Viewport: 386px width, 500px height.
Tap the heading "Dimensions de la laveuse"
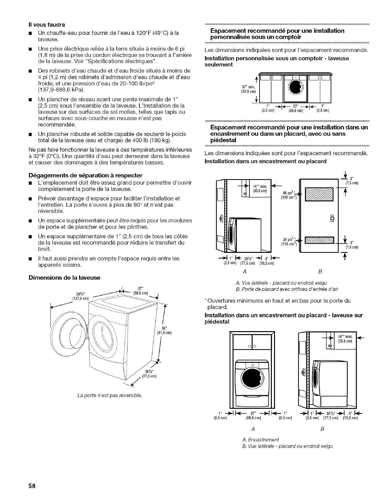click(x=64, y=277)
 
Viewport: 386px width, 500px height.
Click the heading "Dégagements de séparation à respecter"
click(x=86, y=175)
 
